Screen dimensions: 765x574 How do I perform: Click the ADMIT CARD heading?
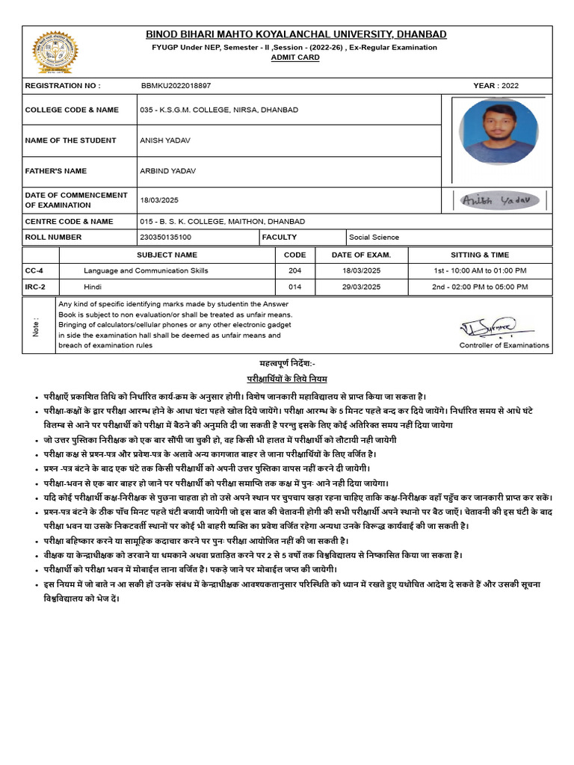click(x=294, y=58)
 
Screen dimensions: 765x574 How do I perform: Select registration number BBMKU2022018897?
click(x=176, y=86)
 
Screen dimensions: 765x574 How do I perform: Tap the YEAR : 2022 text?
click(x=496, y=86)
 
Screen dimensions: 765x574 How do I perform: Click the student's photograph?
click(x=497, y=131)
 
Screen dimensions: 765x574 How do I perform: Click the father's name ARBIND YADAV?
click(x=167, y=171)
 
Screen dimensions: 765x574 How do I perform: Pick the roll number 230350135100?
click(x=165, y=238)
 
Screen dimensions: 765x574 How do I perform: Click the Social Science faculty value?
click(x=374, y=238)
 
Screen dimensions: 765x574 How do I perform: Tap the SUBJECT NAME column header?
click(x=167, y=255)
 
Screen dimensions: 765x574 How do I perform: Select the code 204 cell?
click(x=294, y=270)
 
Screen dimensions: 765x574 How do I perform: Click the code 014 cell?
click(x=294, y=287)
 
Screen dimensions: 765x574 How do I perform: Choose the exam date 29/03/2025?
click(x=361, y=287)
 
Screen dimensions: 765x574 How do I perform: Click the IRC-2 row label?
click(x=35, y=287)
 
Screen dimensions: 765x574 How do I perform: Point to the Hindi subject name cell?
click(x=93, y=287)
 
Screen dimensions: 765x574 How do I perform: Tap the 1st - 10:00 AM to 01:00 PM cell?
click(x=480, y=270)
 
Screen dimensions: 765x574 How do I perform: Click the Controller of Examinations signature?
click(x=496, y=326)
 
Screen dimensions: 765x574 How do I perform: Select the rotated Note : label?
click(x=36, y=326)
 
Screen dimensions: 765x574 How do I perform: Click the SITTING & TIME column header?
click(x=480, y=255)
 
